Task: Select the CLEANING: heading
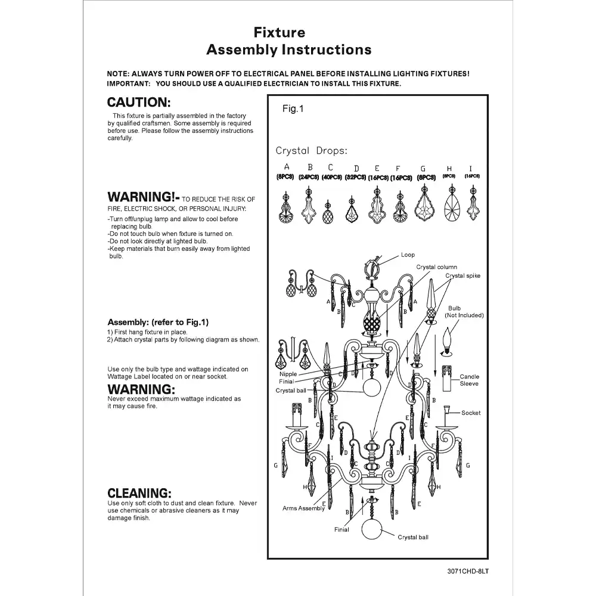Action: click(139, 493)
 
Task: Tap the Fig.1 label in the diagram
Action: click(293, 109)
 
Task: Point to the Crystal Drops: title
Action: click(311, 151)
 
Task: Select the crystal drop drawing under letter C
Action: click(328, 210)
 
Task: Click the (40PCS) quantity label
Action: click(331, 178)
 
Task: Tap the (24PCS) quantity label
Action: click(309, 178)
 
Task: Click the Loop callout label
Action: click(408, 255)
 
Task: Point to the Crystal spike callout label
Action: click(462, 276)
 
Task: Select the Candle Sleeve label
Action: click(469, 380)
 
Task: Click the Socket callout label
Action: click(471, 412)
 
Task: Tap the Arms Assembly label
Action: click(303, 508)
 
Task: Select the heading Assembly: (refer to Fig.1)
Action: click(157, 322)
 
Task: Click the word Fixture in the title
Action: click(280, 32)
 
